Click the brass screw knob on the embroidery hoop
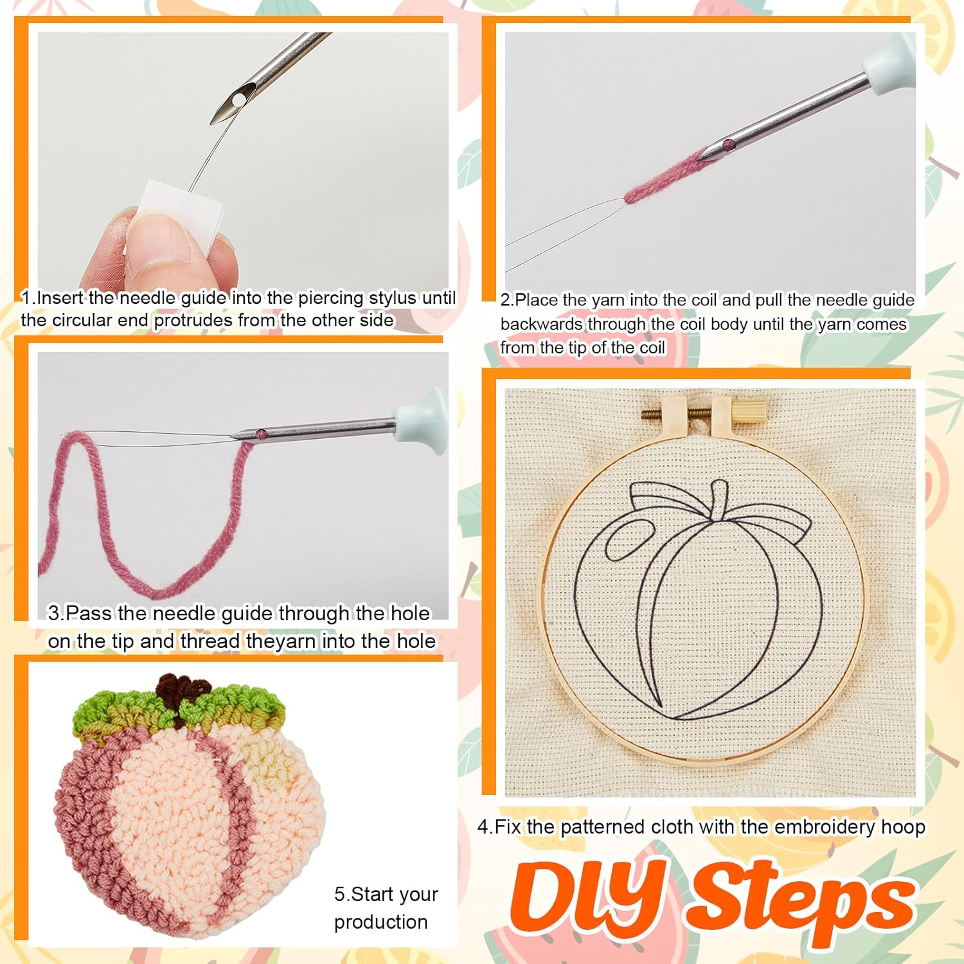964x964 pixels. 749,410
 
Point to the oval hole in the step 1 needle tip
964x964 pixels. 240,100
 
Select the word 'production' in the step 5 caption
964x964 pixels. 380,922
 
